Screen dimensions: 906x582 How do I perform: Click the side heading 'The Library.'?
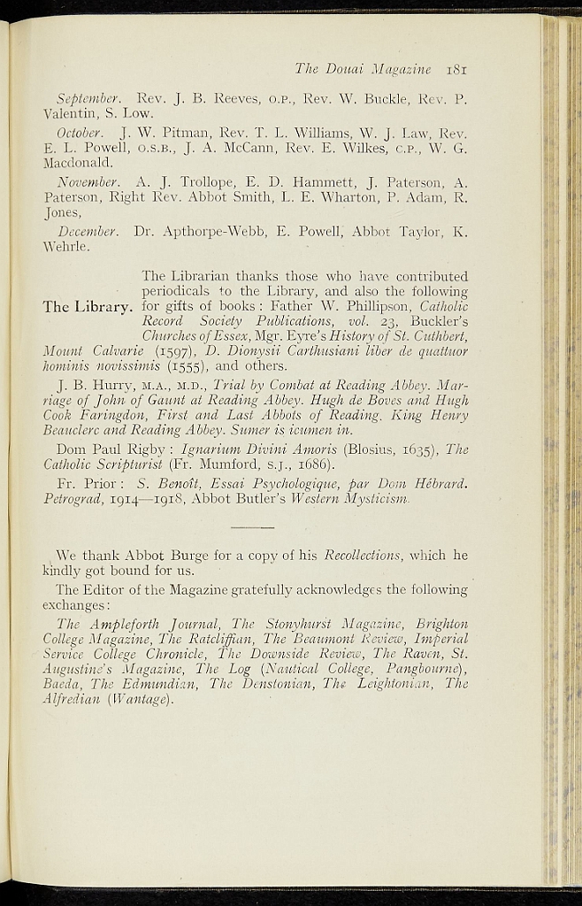click(x=87, y=307)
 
